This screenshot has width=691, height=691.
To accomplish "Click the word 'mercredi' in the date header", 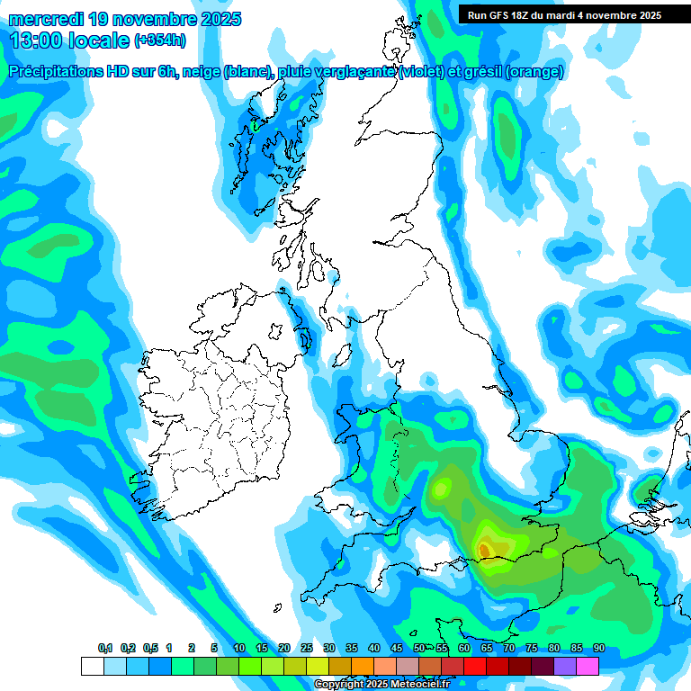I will (43, 19).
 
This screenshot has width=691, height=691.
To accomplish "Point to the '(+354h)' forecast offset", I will (159, 40).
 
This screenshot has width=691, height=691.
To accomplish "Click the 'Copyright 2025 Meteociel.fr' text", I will (381, 685).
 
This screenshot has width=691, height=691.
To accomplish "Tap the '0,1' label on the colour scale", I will (105, 649).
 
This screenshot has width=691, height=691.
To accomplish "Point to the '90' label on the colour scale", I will (598, 649).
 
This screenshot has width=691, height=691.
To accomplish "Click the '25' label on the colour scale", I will (307, 649).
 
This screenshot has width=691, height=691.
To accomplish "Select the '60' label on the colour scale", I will (464, 649).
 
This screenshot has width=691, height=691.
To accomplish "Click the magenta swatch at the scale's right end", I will (588, 666).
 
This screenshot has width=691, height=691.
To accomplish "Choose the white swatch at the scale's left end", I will (92, 666).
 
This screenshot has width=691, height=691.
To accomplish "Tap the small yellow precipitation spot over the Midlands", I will (441, 489).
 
